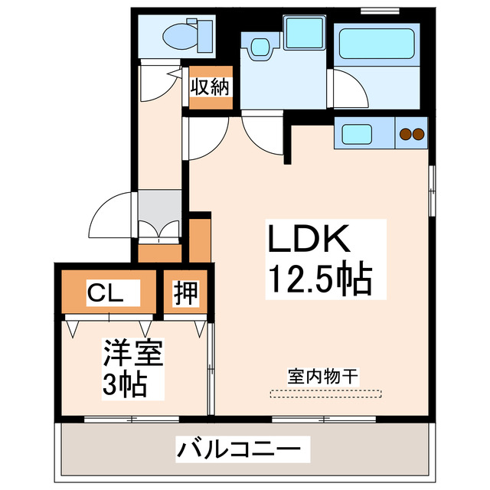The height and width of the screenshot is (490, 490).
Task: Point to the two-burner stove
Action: point(412,135)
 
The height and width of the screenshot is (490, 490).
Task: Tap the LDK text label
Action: point(308,240)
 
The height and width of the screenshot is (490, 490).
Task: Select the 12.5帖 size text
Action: point(318,279)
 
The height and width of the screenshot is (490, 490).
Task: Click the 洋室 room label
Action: point(133,354)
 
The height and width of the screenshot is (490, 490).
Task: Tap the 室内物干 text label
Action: point(323,376)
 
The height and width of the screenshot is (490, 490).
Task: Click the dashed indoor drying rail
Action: point(325,394)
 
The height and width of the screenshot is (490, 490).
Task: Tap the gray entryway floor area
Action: point(158,207)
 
